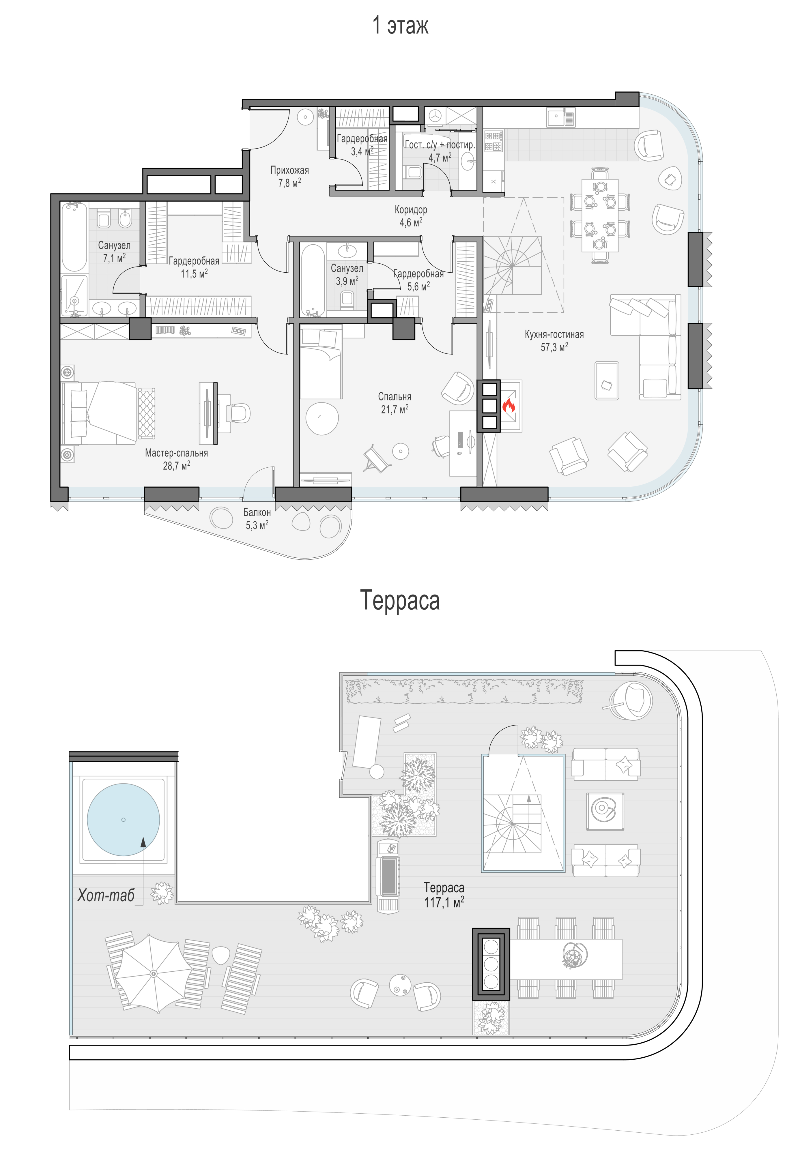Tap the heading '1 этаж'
[x=400, y=25]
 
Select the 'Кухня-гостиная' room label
[x=554, y=334]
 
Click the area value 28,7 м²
[x=176, y=466]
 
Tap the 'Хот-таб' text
[x=106, y=895]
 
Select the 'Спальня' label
[x=395, y=396]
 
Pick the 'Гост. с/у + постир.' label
[x=440, y=145]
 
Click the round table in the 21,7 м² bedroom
[x=322, y=418]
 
